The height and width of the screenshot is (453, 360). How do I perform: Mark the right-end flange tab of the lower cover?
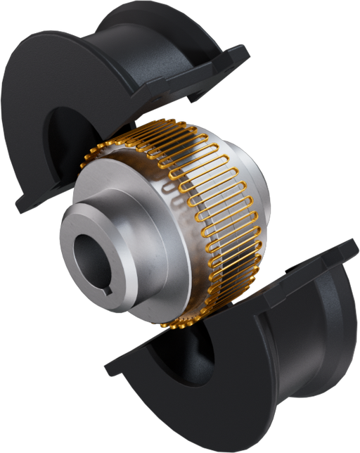click(x=345, y=253)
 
